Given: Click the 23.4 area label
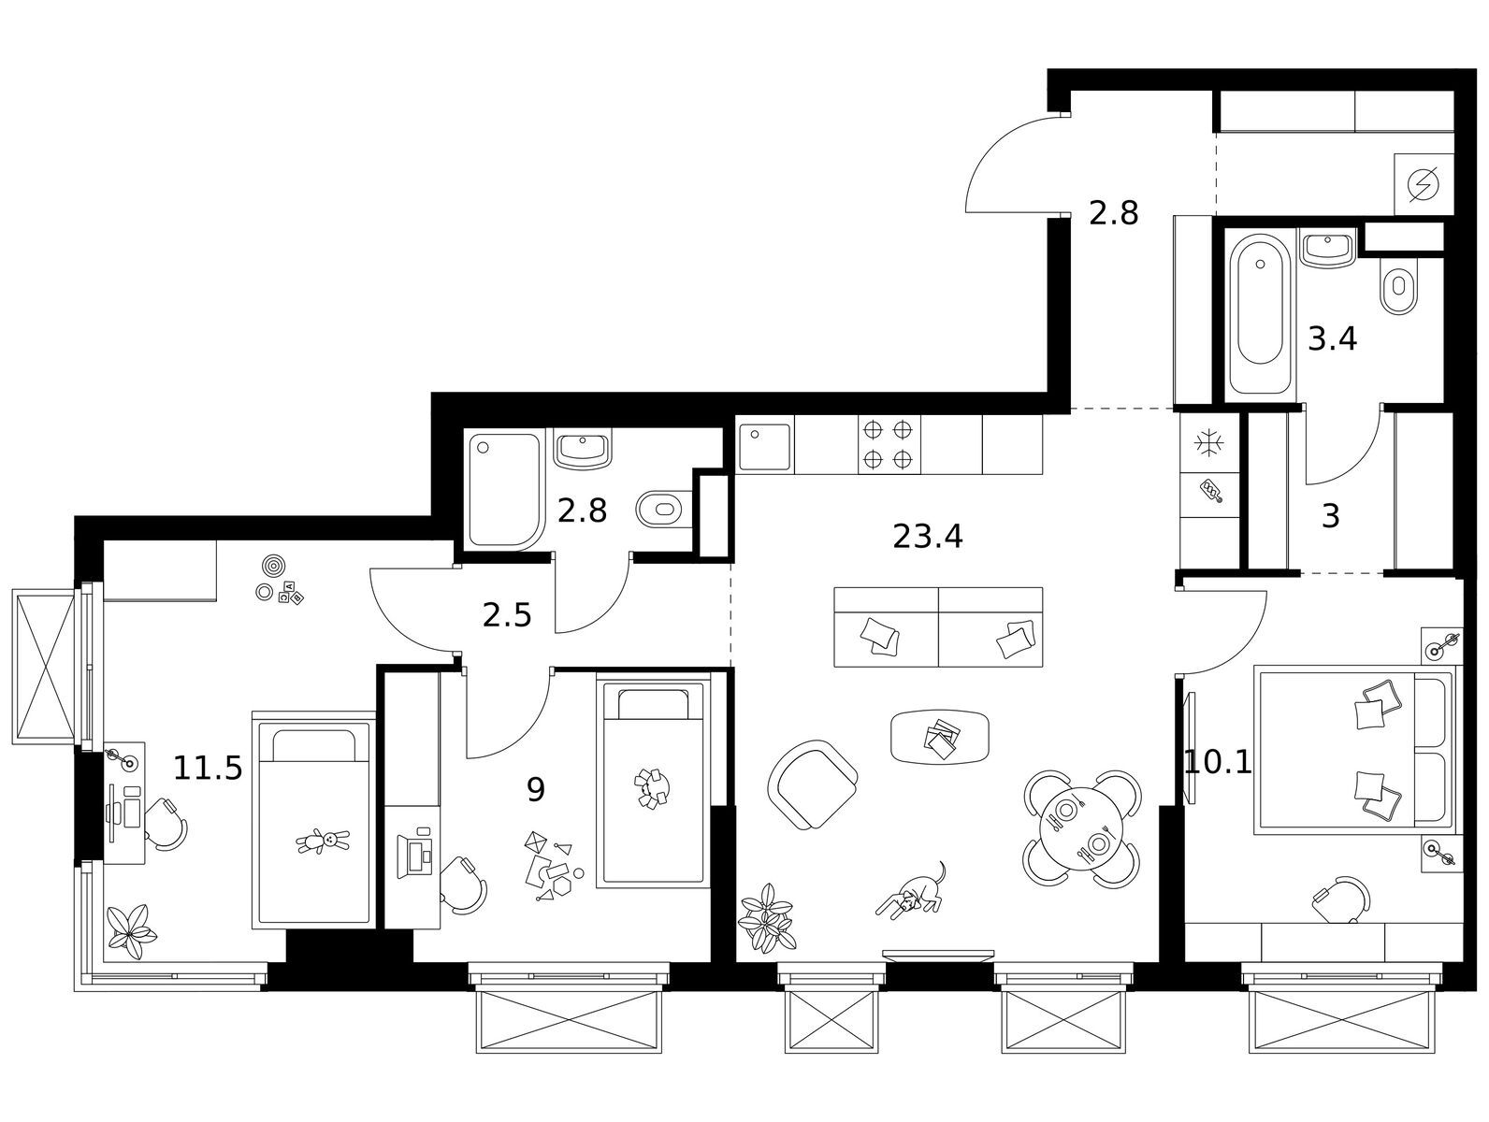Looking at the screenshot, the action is click(927, 537).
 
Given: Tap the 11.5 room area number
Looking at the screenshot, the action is click(208, 769).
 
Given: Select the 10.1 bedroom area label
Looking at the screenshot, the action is click(1217, 762).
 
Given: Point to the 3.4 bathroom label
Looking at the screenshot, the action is click(1332, 339).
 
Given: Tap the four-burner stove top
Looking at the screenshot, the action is click(889, 444).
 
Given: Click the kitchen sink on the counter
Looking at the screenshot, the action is click(765, 447).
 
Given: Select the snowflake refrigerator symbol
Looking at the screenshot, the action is click(1208, 445).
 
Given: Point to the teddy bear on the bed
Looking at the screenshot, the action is click(323, 841).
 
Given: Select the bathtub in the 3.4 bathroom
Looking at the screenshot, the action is click(1261, 314).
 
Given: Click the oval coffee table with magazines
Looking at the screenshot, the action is click(939, 737).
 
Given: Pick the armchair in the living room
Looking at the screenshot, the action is click(813, 784).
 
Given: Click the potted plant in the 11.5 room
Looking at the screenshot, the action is click(131, 932).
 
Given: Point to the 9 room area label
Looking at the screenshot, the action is click(536, 789).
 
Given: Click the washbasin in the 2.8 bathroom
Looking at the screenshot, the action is click(583, 448).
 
